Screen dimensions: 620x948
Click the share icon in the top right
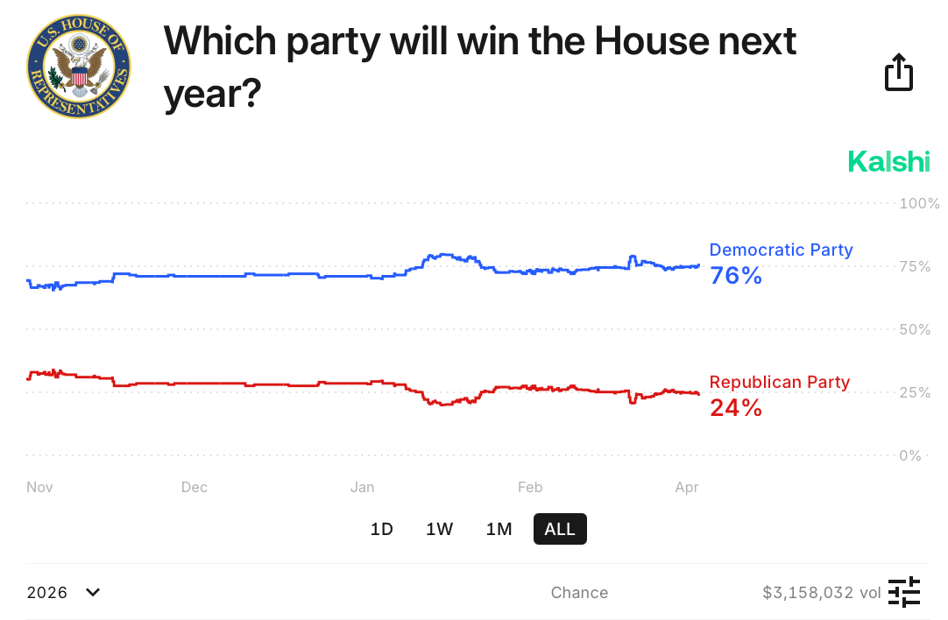899,72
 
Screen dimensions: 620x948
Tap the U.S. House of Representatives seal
79,67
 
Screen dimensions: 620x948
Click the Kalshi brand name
888,161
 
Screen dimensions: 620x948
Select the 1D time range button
382,529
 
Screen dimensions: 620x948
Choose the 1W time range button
440,529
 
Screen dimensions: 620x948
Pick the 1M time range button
499,529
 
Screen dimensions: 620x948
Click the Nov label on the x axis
40,487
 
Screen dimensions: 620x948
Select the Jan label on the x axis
362,487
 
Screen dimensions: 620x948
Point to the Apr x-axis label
687,487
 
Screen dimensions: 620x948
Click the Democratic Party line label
781,250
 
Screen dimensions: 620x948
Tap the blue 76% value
736,276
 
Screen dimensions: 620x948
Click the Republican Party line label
780,382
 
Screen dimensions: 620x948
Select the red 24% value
736,407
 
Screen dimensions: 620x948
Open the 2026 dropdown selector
64,593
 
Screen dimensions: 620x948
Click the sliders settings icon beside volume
904,593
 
